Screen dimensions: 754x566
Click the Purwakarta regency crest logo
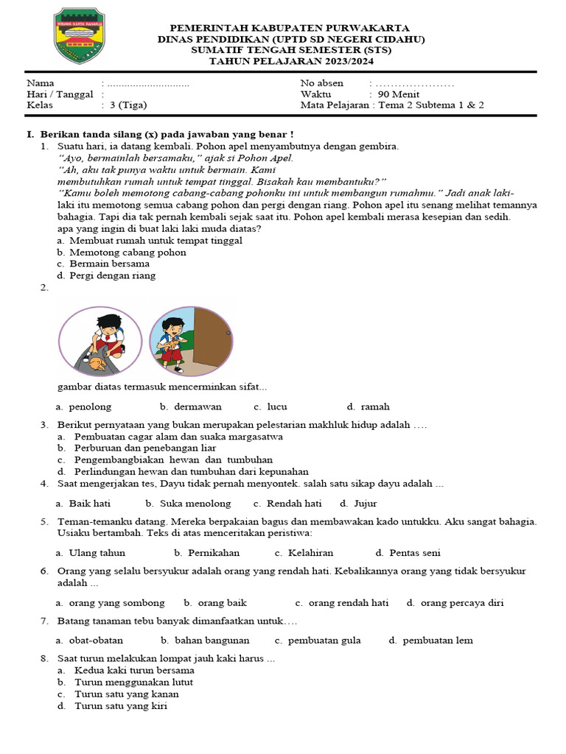click(x=80, y=36)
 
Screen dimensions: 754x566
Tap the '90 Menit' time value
click(x=398, y=94)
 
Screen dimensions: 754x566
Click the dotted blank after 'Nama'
click(x=148, y=84)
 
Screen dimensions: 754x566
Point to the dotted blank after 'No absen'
click(x=415, y=84)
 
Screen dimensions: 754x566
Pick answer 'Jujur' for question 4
click(x=365, y=504)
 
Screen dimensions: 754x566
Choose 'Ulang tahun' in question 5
click(x=97, y=553)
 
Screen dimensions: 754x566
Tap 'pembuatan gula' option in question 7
click(x=324, y=641)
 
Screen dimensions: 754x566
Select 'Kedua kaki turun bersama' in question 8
click(x=134, y=671)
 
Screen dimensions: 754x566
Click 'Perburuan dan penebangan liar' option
click(x=144, y=448)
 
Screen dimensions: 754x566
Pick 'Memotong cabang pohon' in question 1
click(x=127, y=252)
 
